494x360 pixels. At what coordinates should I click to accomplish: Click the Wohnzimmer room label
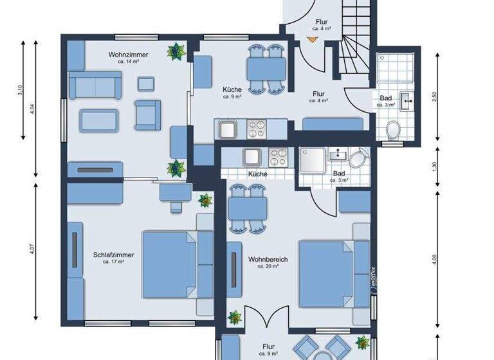129,55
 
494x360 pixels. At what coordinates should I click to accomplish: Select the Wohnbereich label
268,260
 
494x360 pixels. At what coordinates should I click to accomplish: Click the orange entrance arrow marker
312,40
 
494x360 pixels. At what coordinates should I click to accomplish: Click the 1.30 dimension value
435,165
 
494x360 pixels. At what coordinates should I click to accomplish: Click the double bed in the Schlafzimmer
170,264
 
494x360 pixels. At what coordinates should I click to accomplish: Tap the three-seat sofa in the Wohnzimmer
95,87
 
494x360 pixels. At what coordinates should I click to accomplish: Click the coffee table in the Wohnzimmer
98,120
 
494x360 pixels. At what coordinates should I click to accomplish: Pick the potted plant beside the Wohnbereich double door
235,318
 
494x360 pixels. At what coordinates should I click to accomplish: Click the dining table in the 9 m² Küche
266,67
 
